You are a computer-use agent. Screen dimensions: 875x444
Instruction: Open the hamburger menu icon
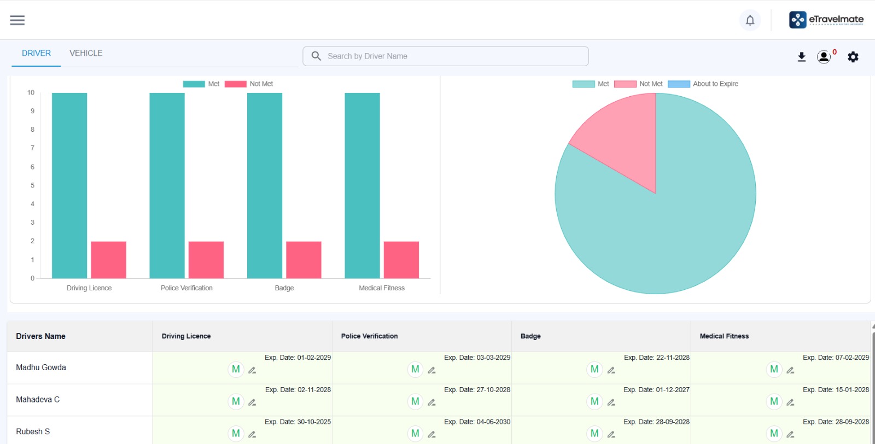(17, 20)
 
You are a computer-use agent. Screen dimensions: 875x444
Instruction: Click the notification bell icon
(750, 20)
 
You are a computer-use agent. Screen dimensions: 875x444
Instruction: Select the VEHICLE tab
(86, 53)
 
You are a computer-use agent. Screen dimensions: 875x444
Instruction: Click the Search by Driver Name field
(446, 56)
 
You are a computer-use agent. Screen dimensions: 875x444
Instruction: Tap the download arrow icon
(802, 57)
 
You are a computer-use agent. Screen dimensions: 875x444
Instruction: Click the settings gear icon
(853, 57)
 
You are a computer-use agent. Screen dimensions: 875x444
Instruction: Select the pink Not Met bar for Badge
(304, 260)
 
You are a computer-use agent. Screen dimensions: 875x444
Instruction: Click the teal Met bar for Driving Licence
(69, 185)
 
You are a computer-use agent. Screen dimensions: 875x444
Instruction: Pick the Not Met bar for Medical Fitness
(401, 260)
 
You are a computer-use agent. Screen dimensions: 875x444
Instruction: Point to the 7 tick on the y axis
(32, 148)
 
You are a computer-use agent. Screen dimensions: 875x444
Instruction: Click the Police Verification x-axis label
(186, 288)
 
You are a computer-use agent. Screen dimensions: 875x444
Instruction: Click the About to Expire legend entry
(703, 84)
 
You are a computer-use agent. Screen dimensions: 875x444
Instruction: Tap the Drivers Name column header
(40, 336)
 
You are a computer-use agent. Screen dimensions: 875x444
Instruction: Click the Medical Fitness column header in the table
(724, 336)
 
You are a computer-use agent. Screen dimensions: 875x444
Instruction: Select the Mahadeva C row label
(38, 400)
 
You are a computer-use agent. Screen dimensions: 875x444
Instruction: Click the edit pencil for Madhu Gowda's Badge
(611, 370)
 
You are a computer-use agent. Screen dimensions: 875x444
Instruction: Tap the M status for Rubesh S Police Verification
(415, 434)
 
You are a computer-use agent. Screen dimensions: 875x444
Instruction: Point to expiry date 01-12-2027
(656, 390)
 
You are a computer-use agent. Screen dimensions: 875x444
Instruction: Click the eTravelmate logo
(826, 20)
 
